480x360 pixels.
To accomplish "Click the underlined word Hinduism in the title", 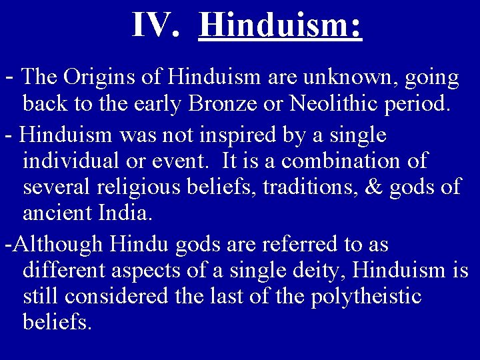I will point(280,25).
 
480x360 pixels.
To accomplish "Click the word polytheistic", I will point(366,296).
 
